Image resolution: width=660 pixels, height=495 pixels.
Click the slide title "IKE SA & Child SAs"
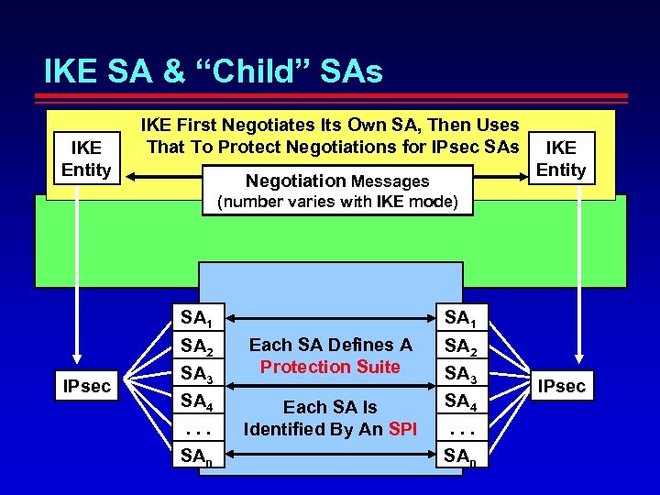214,71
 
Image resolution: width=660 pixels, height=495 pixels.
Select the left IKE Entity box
86,159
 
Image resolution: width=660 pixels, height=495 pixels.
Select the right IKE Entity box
560,159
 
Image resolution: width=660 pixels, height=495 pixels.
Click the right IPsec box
561,386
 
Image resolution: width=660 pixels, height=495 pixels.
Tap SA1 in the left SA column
196,319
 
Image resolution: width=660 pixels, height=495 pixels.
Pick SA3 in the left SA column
196,374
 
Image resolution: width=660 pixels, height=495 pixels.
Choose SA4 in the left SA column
196,400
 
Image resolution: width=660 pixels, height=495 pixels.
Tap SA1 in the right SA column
460,319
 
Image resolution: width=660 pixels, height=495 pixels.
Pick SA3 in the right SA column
460,374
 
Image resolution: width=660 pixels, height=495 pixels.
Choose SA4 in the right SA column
460,400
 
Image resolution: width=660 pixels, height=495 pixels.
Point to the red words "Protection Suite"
330,367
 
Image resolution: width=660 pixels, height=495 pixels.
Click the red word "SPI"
401,429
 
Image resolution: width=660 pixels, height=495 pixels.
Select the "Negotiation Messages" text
336,181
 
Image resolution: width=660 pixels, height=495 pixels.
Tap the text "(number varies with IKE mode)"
336,202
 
